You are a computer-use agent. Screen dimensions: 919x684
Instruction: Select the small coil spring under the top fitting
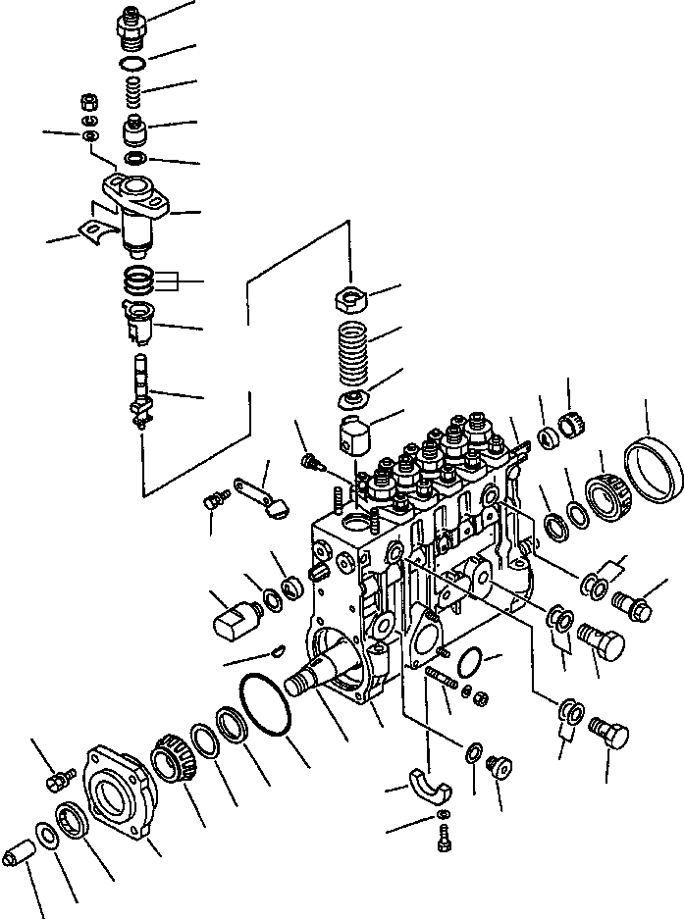(x=134, y=95)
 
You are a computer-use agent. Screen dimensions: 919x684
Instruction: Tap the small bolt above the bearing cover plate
(x=59, y=780)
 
